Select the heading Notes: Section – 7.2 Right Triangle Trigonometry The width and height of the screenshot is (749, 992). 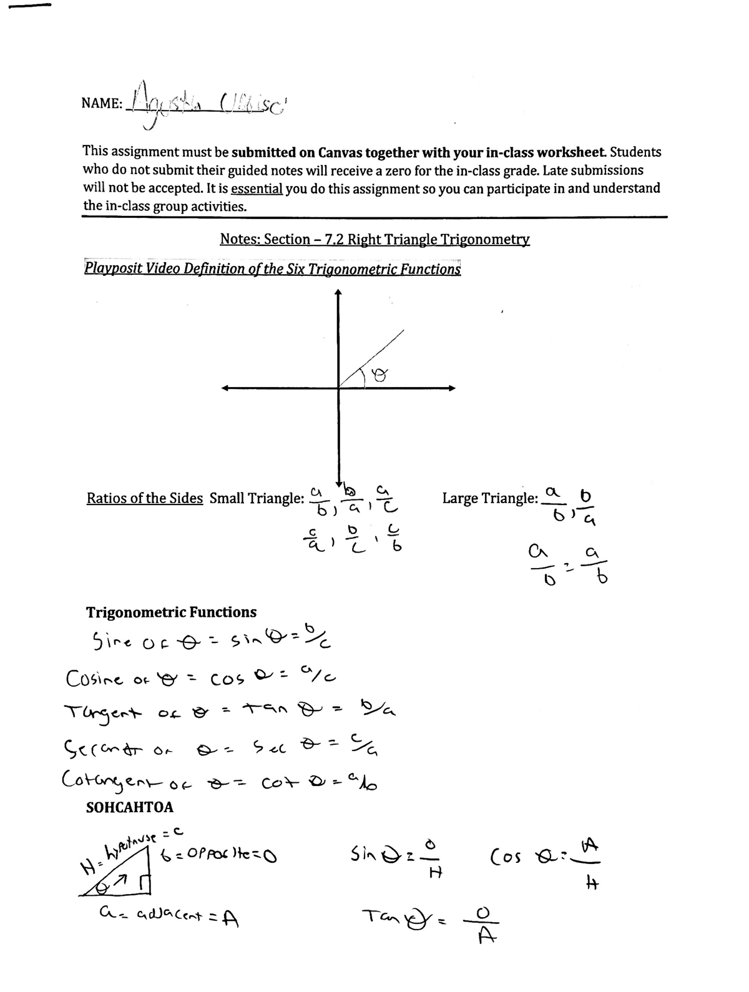(374, 239)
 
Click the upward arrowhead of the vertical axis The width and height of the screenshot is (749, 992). (338, 292)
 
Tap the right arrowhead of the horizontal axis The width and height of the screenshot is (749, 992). (452, 388)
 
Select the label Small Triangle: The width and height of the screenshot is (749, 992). (257, 498)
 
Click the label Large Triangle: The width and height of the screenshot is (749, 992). (490, 498)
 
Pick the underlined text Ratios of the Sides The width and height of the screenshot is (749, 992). (144, 498)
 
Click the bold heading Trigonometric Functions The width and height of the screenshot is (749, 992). (171, 612)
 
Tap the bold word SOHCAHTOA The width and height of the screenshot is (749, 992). (129, 807)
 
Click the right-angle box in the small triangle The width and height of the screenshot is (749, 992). (148, 885)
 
